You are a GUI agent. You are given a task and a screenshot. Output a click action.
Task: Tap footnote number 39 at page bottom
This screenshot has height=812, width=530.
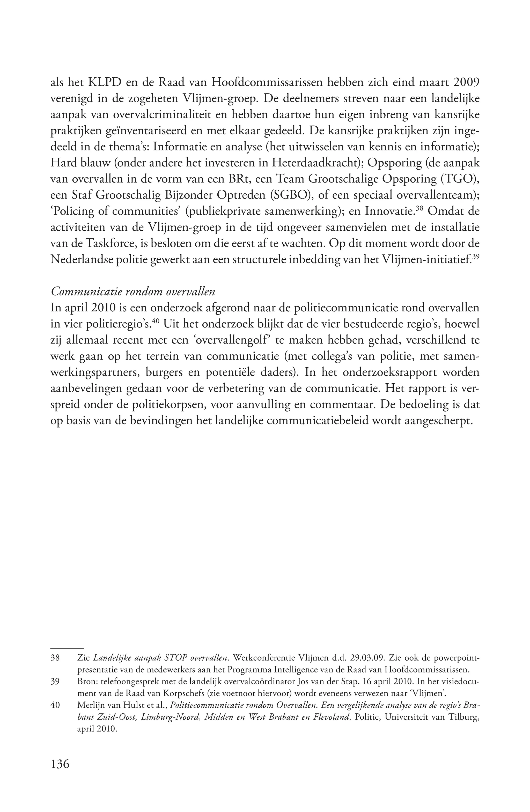click(55, 681)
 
